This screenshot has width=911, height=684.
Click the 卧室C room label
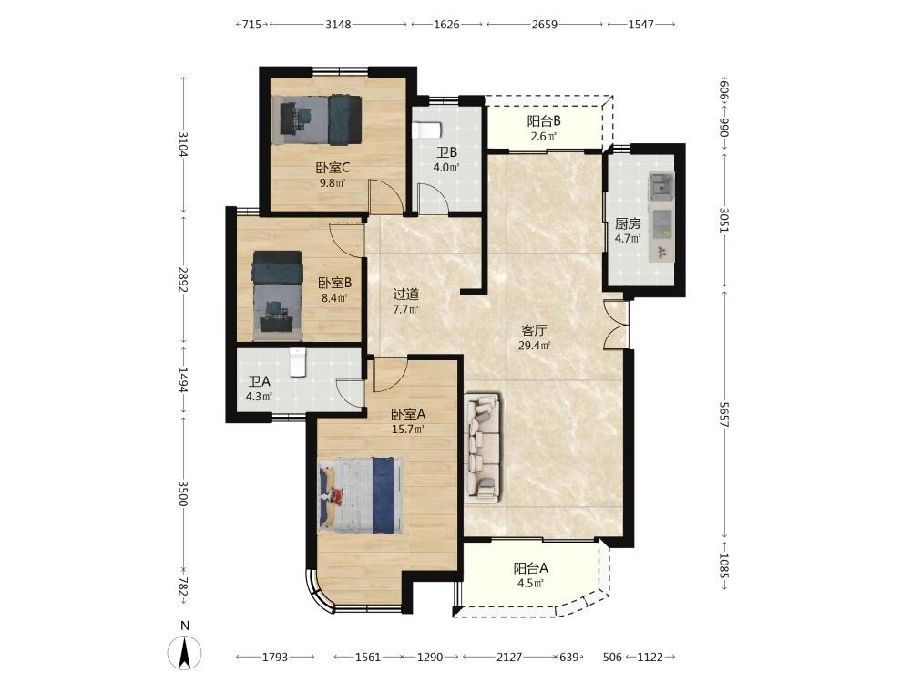[x=333, y=168]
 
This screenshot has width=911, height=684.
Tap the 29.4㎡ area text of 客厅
[x=535, y=346]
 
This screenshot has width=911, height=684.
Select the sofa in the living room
[x=482, y=447]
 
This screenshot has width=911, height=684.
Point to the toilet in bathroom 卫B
[x=427, y=130]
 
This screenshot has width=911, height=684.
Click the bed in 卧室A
[x=361, y=495]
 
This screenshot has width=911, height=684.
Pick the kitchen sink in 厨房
[x=660, y=187]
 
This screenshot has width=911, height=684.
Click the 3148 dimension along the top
[x=338, y=25]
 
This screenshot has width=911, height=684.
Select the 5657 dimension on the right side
[x=724, y=414]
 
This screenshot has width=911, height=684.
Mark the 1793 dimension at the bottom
[x=275, y=658]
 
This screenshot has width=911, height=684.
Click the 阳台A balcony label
[x=530, y=567]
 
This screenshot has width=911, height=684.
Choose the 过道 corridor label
[x=405, y=295]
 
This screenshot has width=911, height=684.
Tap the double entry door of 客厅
[x=615, y=325]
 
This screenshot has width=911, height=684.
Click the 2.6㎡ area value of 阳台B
[x=544, y=137]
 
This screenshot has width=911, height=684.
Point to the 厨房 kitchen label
[x=628, y=223]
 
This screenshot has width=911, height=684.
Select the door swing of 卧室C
[x=385, y=197]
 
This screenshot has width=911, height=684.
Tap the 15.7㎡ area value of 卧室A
[x=408, y=430]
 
